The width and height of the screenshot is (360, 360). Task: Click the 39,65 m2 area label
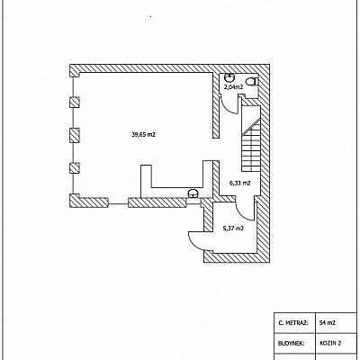click(x=143, y=135)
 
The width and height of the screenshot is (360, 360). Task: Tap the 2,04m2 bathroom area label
click(x=233, y=87)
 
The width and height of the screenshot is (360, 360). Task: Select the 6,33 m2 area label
click(x=240, y=183)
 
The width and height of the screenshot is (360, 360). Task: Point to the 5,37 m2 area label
click(x=233, y=229)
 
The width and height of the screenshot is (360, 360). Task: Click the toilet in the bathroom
click(x=252, y=81)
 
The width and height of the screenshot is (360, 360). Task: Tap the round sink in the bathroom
click(x=229, y=77)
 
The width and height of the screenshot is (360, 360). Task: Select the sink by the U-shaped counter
click(x=192, y=193)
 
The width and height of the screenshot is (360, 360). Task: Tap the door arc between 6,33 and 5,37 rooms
click(x=245, y=211)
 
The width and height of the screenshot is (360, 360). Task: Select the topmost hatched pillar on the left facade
click(x=75, y=103)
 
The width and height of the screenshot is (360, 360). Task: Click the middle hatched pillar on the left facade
click(x=75, y=135)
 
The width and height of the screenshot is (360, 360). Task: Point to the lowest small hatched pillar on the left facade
click(x=75, y=167)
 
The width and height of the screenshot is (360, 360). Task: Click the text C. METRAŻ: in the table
click(x=293, y=323)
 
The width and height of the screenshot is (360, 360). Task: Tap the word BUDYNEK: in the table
click(x=292, y=343)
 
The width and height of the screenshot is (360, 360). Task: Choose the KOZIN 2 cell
click(x=330, y=343)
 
